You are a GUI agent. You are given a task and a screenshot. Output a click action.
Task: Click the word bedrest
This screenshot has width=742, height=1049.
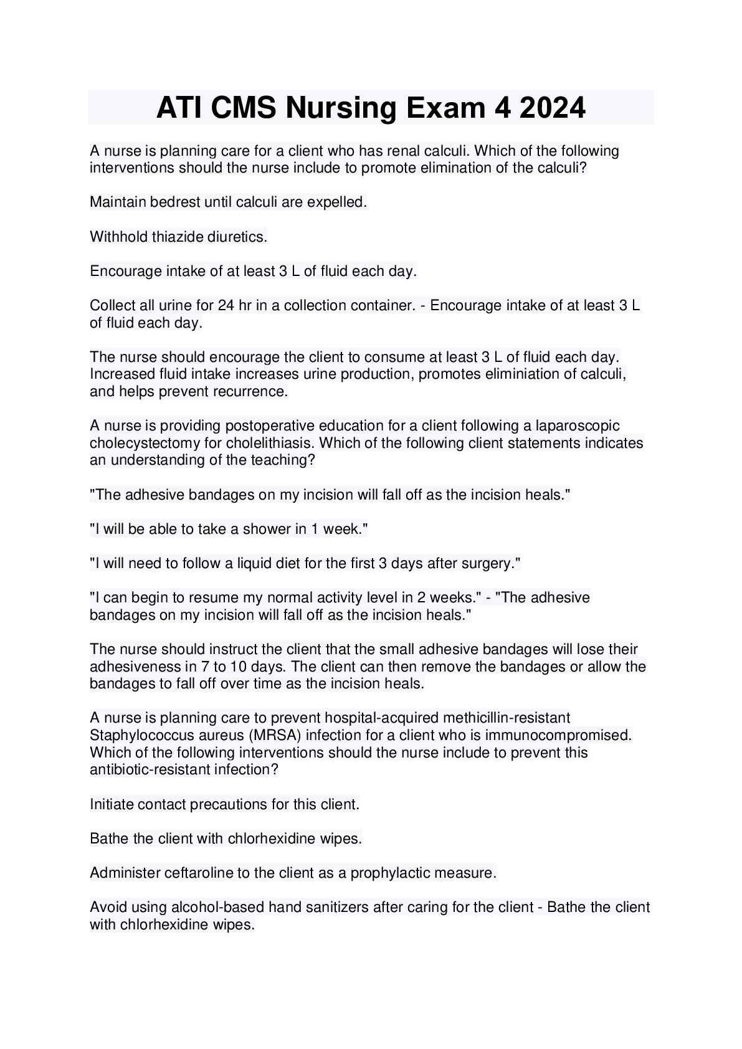click(171, 202)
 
